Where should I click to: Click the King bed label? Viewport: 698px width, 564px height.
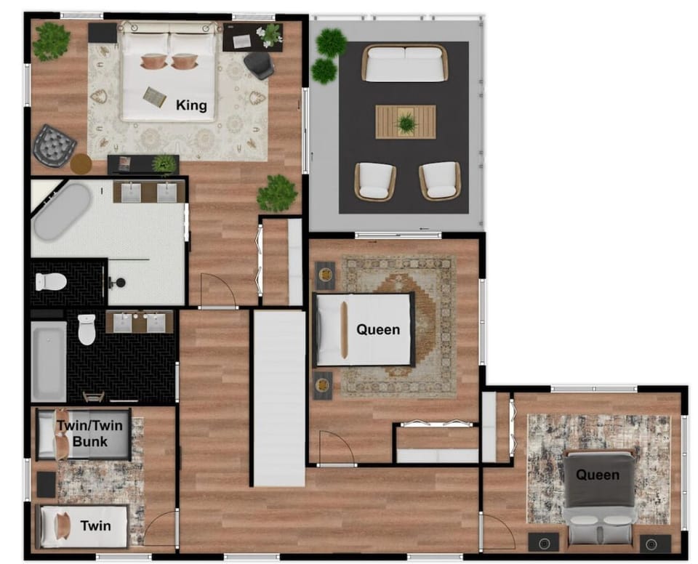[191, 105]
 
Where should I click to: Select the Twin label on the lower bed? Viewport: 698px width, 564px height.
[95, 525]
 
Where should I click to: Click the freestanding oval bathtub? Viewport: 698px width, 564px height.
[62, 211]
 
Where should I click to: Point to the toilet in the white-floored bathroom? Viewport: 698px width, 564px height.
[51, 281]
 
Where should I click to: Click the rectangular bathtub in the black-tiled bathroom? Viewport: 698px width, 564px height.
[49, 361]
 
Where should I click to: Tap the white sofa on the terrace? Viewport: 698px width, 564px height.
[405, 63]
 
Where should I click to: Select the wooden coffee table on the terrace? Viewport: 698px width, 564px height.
[406, 121]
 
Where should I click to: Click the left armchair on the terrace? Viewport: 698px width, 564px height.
[374, 181]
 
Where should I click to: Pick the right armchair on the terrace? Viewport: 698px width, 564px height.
[439, 180]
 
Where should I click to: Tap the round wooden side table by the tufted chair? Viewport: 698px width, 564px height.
[81, 164]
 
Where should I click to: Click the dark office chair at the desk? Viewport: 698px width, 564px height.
[259, 65]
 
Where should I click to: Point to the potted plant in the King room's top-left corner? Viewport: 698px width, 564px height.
[51, 41]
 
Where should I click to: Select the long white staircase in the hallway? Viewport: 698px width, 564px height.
[278, 398]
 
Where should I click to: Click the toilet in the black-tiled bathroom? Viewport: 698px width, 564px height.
[87, 329]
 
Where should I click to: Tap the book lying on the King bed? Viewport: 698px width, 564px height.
[154, 96]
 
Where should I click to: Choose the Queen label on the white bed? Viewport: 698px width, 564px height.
[378, 330]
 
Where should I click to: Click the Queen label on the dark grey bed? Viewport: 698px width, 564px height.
[598, 475]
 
